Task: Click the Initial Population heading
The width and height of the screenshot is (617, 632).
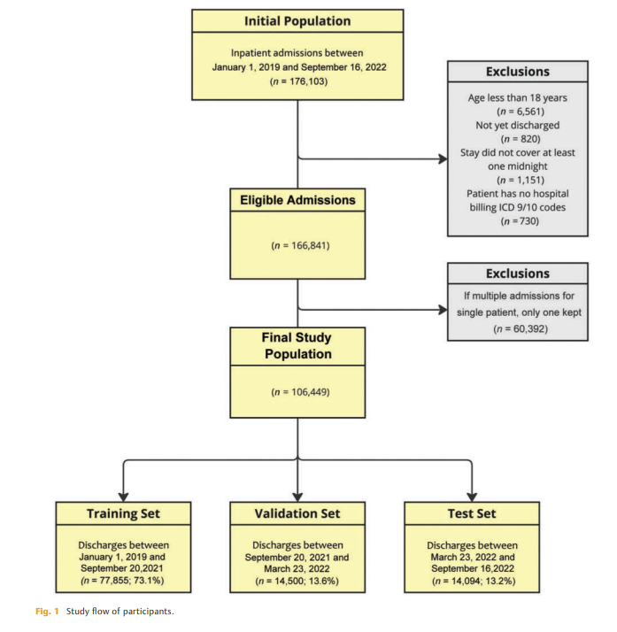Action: tap(297, 20)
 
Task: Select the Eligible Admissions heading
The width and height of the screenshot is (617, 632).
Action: tap(297, 200)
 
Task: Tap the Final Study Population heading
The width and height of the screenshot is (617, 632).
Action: tap(297, 345)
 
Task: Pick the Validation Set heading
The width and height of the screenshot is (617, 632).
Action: tap(298, 513)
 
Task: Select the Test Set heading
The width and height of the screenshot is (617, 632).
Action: tap(472, 513)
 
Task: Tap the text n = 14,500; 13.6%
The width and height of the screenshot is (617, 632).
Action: tap(298, 580)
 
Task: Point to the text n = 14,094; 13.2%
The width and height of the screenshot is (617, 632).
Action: tap(472, 580)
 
